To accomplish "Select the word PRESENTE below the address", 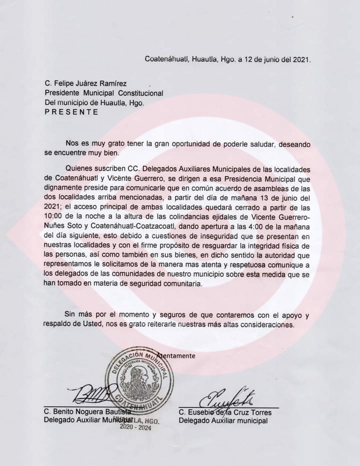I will coord(71,112).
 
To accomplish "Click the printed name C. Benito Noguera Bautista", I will coord(90,412).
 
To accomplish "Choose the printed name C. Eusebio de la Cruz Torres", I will coord(225,412).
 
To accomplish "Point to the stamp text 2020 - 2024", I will coord(135,428).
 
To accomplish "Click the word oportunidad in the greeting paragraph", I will coord(184,144).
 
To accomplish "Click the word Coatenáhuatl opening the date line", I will coord(166,59).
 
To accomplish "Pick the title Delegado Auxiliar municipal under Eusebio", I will coord(223,420).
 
